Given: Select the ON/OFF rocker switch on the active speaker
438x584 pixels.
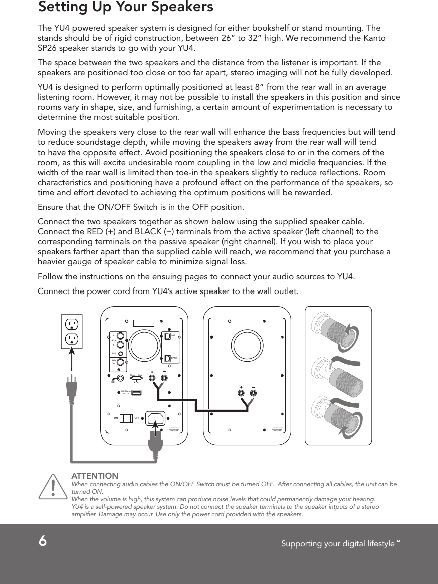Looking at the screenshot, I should coord(126,418).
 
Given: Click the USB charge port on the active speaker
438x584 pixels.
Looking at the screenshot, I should coord(136,392).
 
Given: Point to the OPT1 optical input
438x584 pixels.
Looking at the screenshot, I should coord(167,336).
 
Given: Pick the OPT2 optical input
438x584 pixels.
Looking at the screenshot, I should coord(167,358).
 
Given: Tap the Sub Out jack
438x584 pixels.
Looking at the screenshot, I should coord(120,362).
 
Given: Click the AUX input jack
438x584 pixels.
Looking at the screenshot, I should coord(121,354).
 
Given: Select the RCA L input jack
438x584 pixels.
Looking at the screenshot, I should coord(120,336).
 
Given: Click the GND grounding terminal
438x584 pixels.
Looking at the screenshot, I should coord(120,378).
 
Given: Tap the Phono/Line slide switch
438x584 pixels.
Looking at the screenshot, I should coord(137,378).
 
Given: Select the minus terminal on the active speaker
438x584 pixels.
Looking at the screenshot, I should coord(164,378).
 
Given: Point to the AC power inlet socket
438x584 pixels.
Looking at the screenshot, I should coord(155,418).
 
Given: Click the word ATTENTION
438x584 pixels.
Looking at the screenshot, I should coord(95,476).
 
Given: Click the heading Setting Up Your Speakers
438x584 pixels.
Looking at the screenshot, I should coord(126,7).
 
